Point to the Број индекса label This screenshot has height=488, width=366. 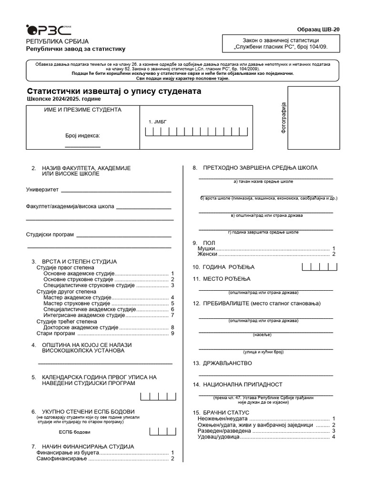82,135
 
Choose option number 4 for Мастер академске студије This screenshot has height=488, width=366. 172,297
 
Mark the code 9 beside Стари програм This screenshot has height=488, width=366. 172,334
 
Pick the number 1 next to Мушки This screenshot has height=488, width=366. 334,249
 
